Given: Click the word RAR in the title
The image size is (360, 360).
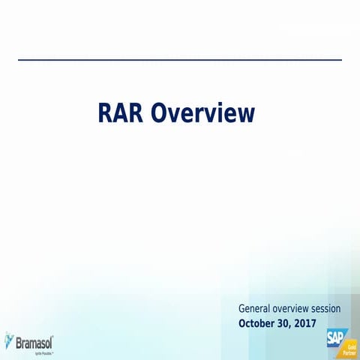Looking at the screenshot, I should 121,113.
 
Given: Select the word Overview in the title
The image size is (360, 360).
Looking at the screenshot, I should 202,113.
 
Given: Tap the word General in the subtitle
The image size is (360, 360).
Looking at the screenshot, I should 254,308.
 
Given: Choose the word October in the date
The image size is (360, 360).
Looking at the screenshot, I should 257,323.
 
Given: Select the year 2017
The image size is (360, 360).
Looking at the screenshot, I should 306,323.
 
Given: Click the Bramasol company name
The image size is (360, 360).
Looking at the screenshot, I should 35,342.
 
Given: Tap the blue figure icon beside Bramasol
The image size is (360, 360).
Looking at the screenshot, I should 9,340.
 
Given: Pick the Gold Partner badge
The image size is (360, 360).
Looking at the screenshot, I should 349,349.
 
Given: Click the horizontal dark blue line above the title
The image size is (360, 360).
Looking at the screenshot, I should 180,59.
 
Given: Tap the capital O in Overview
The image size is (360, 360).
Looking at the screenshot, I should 158,113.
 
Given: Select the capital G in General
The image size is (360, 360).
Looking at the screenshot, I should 242,308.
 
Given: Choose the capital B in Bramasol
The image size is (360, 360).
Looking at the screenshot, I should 19,342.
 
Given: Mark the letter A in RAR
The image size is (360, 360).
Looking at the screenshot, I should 121,113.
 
